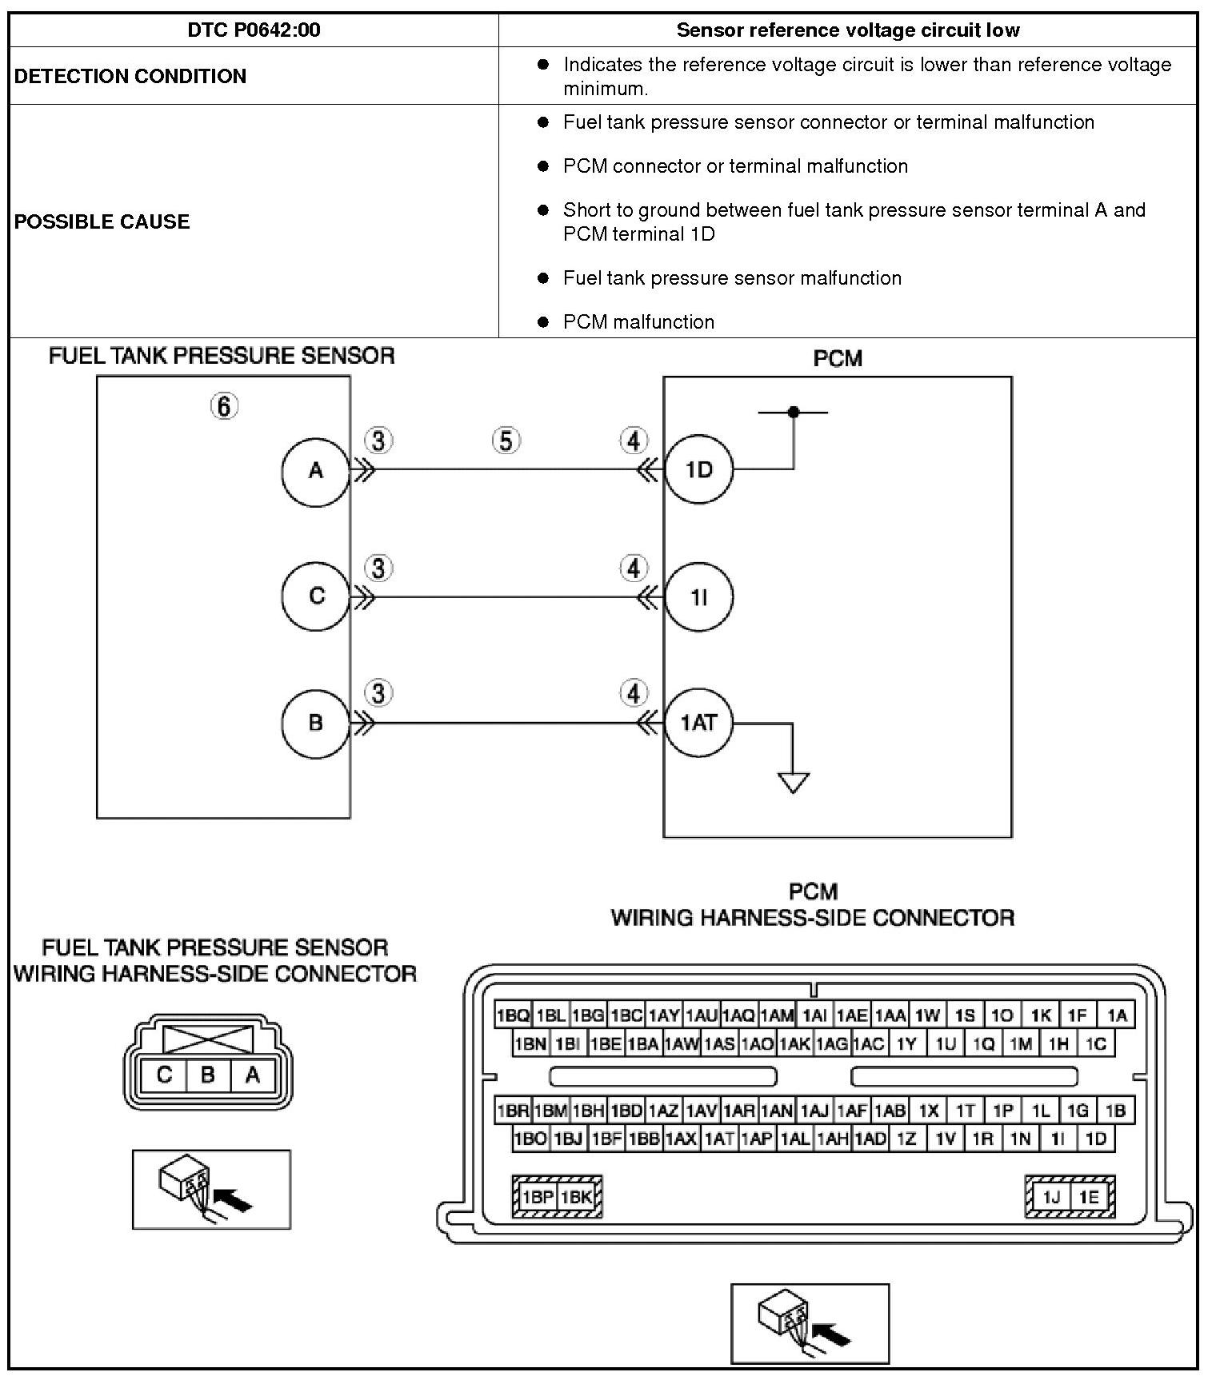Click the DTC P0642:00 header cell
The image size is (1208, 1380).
[254, 30]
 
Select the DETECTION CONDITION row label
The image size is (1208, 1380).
[130, 76]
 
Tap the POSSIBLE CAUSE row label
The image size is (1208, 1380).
[102, 221]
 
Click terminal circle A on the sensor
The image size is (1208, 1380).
[316, 471]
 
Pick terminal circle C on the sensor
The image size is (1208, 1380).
[316, 596]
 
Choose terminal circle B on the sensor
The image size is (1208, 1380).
[316, 723]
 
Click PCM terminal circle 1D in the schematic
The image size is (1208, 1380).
[699, 470]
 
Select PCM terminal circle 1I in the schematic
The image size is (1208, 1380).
[699, 597]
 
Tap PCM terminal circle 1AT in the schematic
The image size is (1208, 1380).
[699, 723]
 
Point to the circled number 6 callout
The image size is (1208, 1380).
[224, 407]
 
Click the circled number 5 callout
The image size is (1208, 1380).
[506, 441]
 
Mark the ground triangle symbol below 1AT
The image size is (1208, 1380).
[793, 782]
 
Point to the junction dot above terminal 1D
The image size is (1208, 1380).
[793, 413]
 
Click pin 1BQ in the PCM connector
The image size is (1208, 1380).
[513, 1015]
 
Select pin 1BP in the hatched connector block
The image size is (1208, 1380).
[537, 1197]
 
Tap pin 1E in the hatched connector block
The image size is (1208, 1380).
[1088, 1197]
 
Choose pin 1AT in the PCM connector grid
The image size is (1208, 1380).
[719, 1139]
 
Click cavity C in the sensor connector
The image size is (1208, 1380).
[164, 1075]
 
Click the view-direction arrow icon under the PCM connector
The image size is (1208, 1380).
[810, 1323]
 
